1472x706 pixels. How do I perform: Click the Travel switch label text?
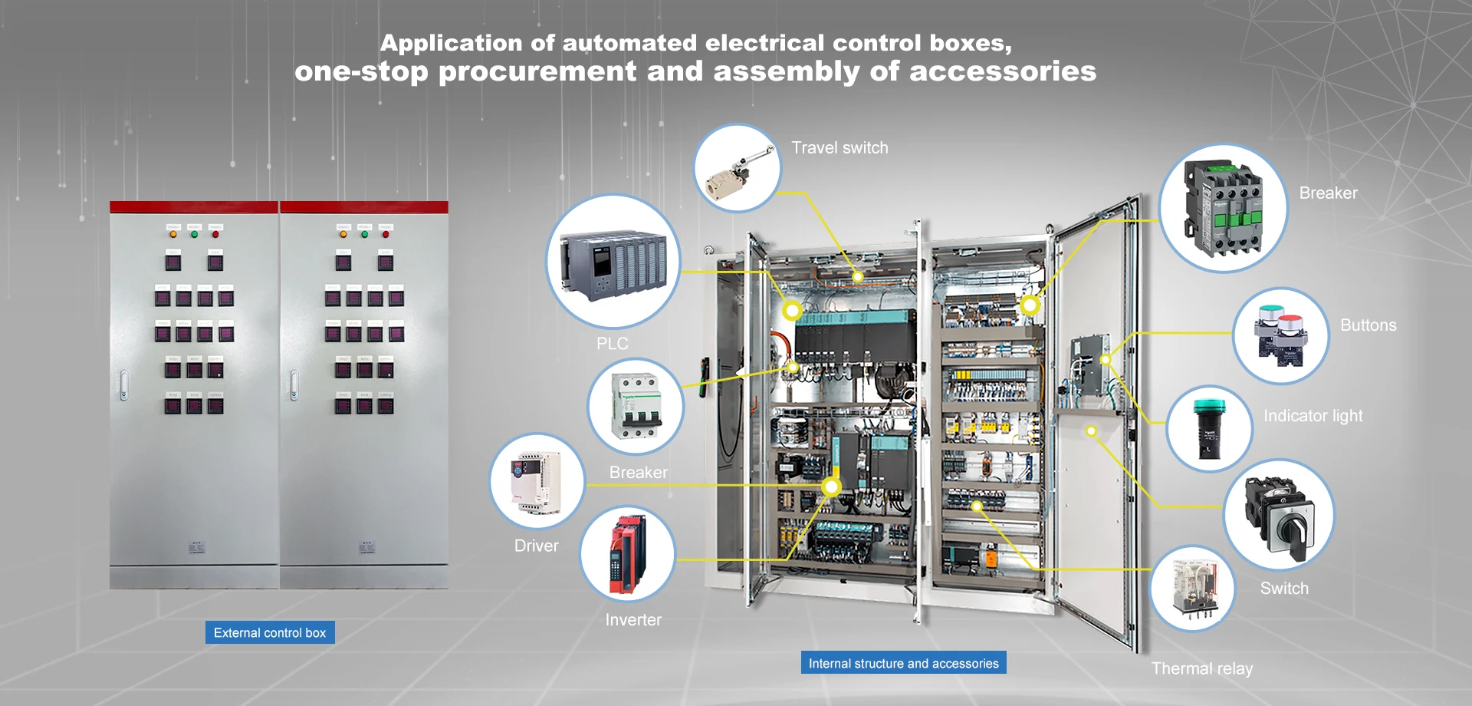pos(839,148)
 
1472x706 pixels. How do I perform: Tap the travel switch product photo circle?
pos(738,168)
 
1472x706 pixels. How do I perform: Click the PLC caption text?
pos(613,344)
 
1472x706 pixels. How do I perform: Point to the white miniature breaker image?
pos(636,407)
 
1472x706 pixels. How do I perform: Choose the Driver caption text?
pos(536,546)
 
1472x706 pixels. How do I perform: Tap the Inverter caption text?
pos(633,620)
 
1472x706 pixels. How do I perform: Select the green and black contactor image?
pos(1223,208)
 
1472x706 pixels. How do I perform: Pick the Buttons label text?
pos(1368,325)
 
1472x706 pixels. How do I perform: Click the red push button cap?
pos(1290,321)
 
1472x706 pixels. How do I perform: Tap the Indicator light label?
pos(1313,416)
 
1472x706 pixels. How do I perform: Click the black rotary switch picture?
pos(1279,514)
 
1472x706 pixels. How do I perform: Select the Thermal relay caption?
pos(1202,668)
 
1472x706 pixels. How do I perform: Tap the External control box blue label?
pos(270,633)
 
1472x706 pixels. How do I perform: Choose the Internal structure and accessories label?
pos(903,663)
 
